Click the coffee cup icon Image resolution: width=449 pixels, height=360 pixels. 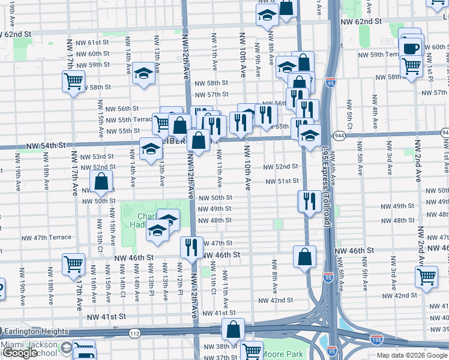pos(411,48)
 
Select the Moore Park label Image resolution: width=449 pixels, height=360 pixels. pos(283,354)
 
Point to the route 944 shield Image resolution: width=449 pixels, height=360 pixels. pos(339,135)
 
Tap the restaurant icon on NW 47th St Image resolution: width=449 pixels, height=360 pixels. pos(191,246)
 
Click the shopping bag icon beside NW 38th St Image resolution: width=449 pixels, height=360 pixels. pos(233,329)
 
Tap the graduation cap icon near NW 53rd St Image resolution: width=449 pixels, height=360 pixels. pos(151,148)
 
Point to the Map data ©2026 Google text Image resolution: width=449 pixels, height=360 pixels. pos(412,355)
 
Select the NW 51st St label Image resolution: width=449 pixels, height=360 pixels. pos(283,181)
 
